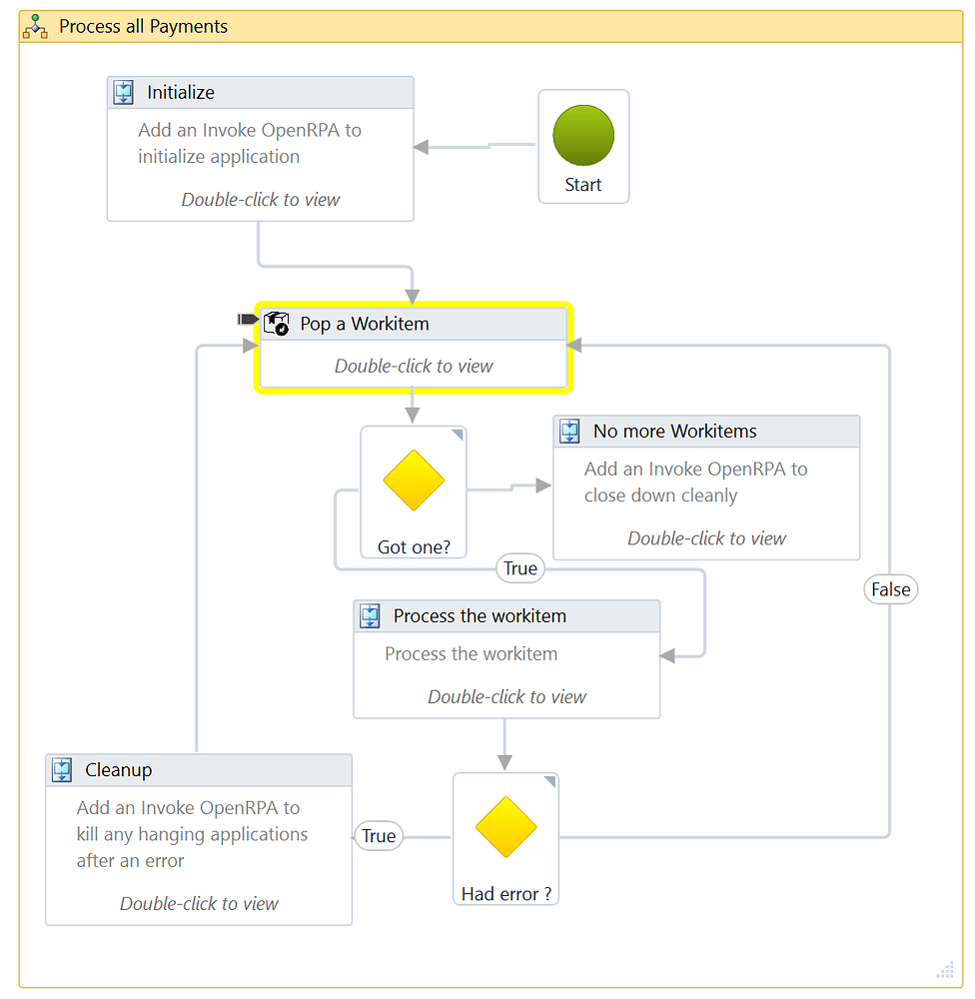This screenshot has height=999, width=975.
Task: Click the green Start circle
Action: click(x=583, y=135)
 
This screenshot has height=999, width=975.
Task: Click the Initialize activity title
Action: click(x=181, y=93)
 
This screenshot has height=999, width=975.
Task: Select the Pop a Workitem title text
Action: click(x=365, y=324)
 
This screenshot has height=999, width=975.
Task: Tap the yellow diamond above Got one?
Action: click(x=414, y=481)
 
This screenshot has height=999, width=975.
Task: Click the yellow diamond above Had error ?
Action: click(x=505, y=827)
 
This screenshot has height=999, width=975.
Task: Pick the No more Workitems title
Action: click(x=675, y=432)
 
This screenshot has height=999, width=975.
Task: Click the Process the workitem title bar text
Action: click(x=480, y=616)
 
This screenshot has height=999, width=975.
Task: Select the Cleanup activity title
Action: click(x=119, y=770)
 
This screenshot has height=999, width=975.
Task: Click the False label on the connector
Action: click(x=890, y=589)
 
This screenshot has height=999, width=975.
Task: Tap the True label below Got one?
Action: click(x=520, y=568)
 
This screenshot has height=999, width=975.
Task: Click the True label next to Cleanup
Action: click(x=379, y=836)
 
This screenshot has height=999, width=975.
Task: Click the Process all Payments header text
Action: click(x=144, y=27)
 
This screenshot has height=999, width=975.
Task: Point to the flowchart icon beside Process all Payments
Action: click(x=36, y=27)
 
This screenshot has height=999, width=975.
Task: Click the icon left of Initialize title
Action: click(x=123, y=93)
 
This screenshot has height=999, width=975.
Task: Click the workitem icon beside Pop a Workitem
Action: click(x=276, y=323)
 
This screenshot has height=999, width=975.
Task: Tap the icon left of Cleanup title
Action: click(x=62, y=770)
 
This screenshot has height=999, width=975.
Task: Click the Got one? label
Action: click(x=414, y=547)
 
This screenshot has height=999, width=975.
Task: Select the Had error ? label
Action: click(x=505, y=894)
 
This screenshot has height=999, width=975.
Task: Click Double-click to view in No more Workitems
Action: click(x=706, y=538)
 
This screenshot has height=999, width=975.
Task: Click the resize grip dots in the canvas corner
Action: click(x=945, y=969)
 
